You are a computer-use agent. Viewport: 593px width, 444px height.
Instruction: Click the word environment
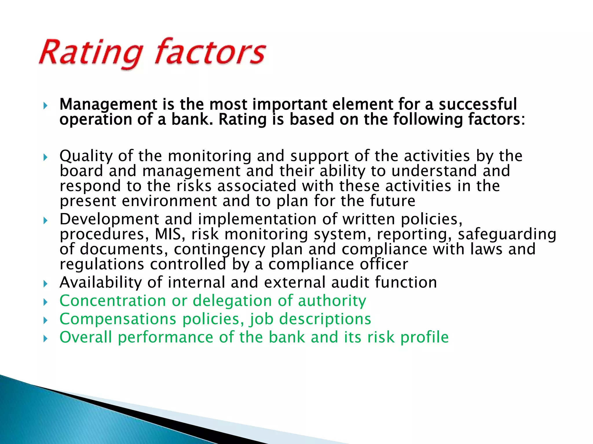point(169,201)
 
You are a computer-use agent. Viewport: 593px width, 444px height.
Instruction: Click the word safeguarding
point(507,234)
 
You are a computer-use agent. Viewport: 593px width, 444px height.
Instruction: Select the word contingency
point(219,249)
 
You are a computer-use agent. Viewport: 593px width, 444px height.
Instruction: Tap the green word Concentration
point(113,301)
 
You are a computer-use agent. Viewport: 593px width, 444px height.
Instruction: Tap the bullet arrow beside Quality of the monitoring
point(45,158)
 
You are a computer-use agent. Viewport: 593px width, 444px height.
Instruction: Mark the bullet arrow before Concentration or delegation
point(45,302)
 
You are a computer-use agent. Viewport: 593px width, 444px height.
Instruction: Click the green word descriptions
point(325,319)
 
